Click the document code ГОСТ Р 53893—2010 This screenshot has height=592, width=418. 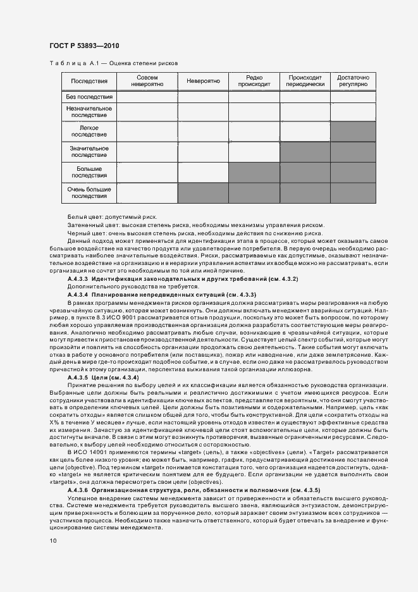(x=84, y=46)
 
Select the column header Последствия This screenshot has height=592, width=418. (x=89, y=82)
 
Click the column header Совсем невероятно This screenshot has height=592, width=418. (x=147, y=81)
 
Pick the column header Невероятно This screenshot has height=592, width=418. (x=203, y=82)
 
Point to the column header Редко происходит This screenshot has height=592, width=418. (x=254, y=81)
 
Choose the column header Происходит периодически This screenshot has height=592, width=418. (x=305, y=81)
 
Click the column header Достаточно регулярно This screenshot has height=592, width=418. (x=353, y=81)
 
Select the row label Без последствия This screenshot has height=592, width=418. (x=89, y=97)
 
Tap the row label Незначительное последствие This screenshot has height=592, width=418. (x=89, y=112)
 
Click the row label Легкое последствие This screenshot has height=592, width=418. (x=89, y=132)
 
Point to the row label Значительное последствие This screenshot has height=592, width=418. (x=89, y=152)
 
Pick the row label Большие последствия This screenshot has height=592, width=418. (x=89, y=173)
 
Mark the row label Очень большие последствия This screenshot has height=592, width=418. (x=89, y=193)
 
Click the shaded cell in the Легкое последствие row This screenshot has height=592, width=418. (x=353, y=132)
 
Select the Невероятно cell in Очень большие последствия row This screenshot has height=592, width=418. (x=203, y=193)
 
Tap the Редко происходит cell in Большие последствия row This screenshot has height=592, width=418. (x=254, y=173)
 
